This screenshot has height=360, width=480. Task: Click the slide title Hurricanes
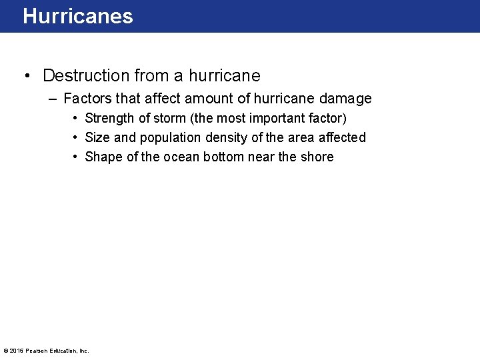pyautogui.click(x=78, y=16)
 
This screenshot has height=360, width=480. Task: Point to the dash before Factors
pyautogui.click(x=53, y=99)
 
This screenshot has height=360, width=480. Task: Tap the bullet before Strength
pyautogui.click(x=77, y=118)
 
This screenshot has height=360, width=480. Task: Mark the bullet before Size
pyautogui.click(x=77, y=137)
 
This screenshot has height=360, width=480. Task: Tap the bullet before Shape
pyautogui.click(x=77, y=157)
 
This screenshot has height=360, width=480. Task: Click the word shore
pyautogui.click(x=317, y=157)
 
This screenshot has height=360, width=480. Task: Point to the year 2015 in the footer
pyautogui.click(x=16, y=351)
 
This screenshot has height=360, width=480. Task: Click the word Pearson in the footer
pyautogui.click(x=36, y=351)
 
